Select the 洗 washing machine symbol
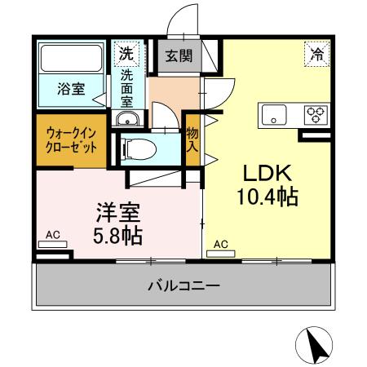tap(126, 55)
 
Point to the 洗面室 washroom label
tap(128, 87)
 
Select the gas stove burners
tap(314, 114)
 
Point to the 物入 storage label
tap(192, 140)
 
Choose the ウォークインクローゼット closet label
tap(72, 140)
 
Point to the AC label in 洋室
tap(51, 235)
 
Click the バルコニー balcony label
tap(183, 285)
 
